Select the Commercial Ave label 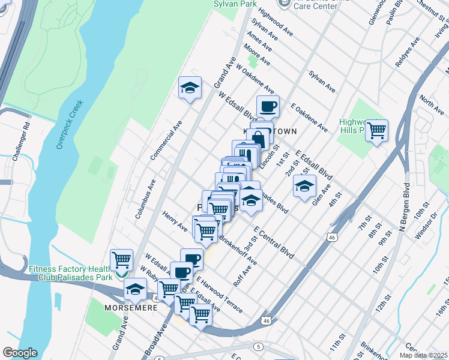coord(166,139)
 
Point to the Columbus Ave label coord(145,197)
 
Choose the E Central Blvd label coord(273,242)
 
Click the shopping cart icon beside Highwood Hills coord(376,129)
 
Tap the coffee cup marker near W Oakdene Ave coord(268,106)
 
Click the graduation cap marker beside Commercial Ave coord(190,88)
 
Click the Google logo coord(20,353)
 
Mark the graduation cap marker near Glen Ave coord(304,185)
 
